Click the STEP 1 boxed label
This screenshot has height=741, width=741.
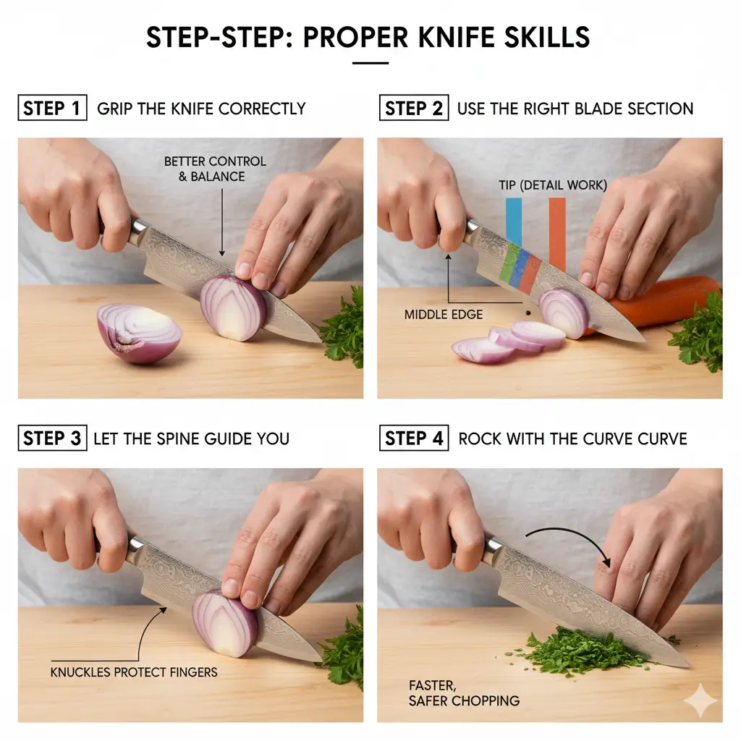point(52,109)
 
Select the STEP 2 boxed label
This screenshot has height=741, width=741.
point(413,109)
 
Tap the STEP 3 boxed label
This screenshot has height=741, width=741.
point(52,439)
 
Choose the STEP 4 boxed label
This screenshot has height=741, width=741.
point(413,439)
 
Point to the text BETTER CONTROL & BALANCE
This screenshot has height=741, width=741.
point(215,169)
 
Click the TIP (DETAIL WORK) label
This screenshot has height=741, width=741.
point(553,185)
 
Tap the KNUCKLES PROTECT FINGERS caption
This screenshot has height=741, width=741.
point(134,672)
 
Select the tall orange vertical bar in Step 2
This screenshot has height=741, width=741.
point(557,232)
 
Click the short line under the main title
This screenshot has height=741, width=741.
point(370,63)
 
